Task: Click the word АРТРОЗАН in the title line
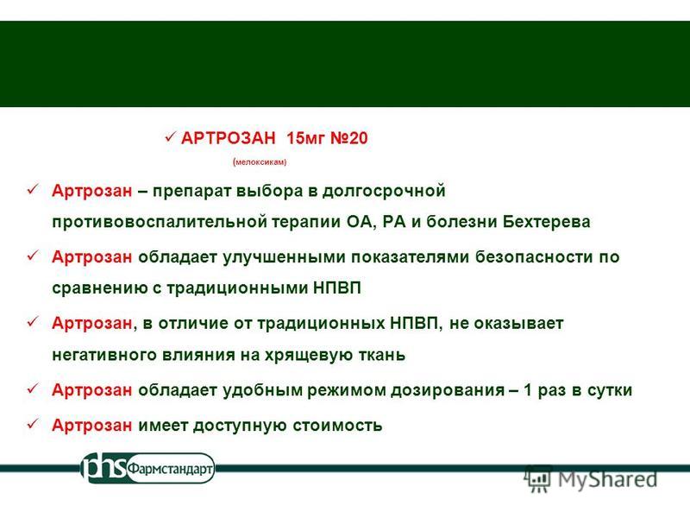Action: click(228, 138)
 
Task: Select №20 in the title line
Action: click(349, 138)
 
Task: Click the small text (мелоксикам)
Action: click(260, 162)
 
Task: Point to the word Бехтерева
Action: click(546, 221)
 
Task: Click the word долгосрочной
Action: click(384, 192)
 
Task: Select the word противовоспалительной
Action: click(160, 222)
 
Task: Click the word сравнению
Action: click(100, 288)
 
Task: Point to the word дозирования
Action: click(448, 390)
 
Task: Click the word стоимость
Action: click(337, 426)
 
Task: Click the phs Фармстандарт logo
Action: click(147, 468)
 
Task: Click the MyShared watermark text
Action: click(608, 479)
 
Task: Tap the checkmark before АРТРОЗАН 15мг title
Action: click(170, 138)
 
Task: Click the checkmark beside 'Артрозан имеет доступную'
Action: click(34, 425)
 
